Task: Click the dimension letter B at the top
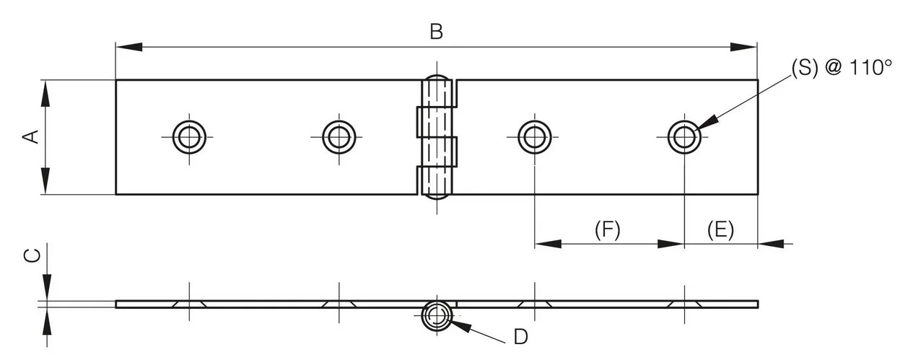tap(437, 31)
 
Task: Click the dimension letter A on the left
tap(30, 136)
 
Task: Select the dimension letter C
tap(32, 255)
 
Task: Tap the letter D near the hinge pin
tap(520, 337)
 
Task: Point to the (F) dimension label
tap(608, 230)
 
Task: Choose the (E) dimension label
tap(720, 230)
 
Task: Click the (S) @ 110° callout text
tap(842, 68)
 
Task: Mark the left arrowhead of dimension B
tap(128, 47)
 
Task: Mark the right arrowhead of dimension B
tap(743, 47)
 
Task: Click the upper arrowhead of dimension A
tap(45, 93)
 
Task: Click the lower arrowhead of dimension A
tap(45, 181)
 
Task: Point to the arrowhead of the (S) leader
tap(707, 122)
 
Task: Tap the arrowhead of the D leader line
tap(460, 325)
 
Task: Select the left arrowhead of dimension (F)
tap(548, 243)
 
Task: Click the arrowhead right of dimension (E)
tap(771, 243)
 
